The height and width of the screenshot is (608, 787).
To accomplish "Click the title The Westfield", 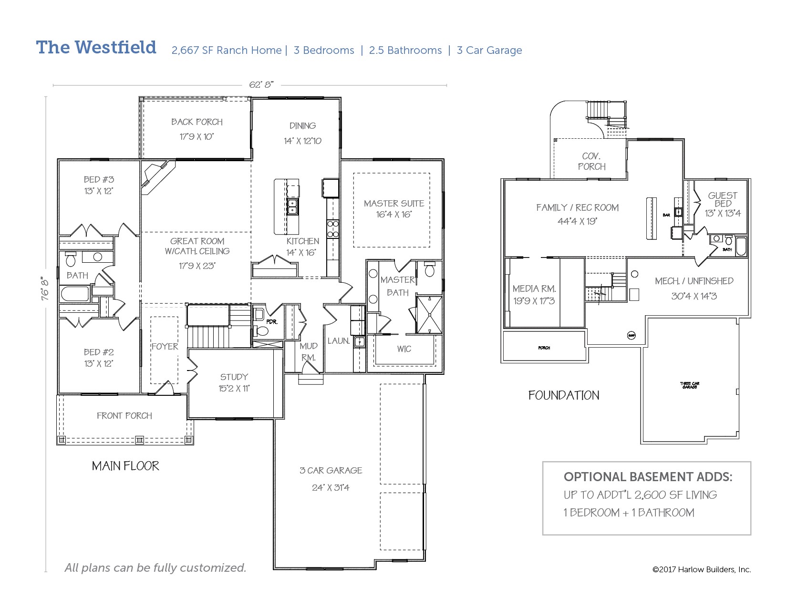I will (96, 47).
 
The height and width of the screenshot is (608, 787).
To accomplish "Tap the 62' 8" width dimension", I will (261, 85).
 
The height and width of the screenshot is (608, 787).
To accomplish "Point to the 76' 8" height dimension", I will (45, 288).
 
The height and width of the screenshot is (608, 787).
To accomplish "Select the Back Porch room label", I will (197, 122).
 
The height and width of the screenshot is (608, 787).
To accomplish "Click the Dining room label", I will (302, 126).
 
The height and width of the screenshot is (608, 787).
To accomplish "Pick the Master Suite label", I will (393, 204).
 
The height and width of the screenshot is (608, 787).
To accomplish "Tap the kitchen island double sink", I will (292, 206).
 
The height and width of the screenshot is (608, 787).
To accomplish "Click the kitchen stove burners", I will (332, 228).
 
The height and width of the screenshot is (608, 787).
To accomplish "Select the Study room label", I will (234, 377).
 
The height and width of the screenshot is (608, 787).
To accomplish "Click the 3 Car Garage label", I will (331, 471).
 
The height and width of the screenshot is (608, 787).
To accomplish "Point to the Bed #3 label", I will (99, 180).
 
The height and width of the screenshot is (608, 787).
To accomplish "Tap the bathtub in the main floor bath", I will (75, 294).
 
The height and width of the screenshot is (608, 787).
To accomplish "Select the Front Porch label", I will (124, 416).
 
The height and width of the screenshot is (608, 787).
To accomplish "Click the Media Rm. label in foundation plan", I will (534, 289).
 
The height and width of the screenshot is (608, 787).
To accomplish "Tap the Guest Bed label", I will (723, 199).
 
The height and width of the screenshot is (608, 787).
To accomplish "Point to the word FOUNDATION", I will (564, 395).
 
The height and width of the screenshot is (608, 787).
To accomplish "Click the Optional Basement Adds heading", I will (648, 477).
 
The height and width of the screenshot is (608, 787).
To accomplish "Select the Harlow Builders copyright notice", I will (701, 569).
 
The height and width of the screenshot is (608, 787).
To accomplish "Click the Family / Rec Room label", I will (577, 208).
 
